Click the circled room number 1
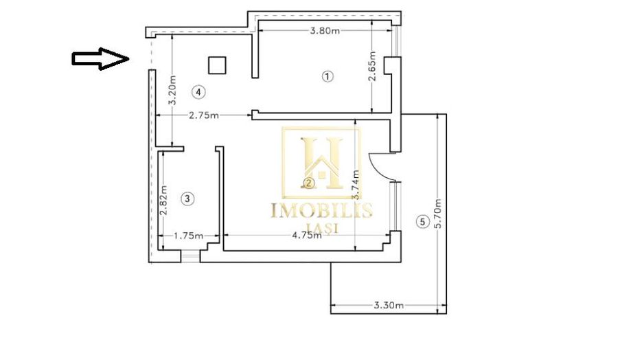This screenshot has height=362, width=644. (327, 76)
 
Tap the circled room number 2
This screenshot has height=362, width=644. (309, 183)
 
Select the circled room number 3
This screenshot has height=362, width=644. (189, 199)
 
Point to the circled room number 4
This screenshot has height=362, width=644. (198, 91)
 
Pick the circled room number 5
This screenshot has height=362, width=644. (422, 221)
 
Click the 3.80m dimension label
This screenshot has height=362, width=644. (325, 30)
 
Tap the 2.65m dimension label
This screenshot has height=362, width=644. (372, 66)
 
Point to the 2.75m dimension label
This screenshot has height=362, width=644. (204, 115)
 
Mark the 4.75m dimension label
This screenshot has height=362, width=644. (306, 235)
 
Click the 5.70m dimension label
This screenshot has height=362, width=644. (438, 214)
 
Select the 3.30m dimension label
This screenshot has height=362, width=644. (389, 305)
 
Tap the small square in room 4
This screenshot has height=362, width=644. (218, 65)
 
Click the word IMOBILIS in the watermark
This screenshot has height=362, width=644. (321, 210)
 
